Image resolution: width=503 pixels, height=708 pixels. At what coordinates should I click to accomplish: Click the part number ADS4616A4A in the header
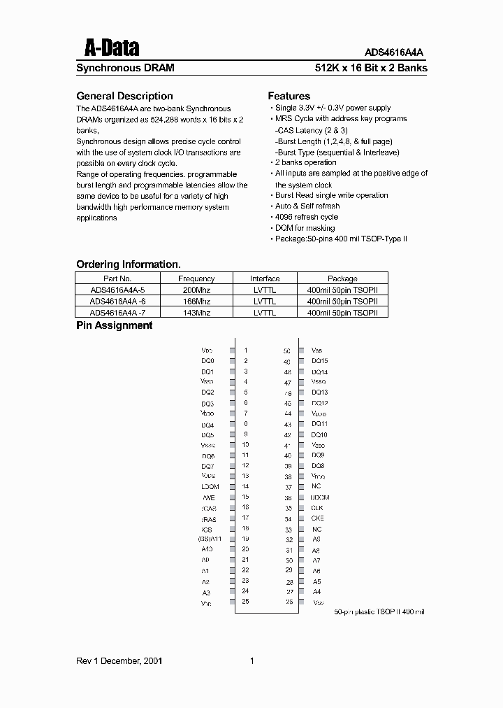394,52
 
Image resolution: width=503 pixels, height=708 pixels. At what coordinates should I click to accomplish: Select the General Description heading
124,96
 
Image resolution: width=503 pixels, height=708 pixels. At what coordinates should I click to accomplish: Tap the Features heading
289,96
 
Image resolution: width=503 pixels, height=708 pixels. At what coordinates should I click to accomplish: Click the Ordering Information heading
128,264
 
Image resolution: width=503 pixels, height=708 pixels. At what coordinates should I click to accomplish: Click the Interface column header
265,278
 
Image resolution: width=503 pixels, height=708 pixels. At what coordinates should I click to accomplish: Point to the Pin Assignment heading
114,325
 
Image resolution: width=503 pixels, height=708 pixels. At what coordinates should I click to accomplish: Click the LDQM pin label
210,486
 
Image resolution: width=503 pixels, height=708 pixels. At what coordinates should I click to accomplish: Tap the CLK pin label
317,508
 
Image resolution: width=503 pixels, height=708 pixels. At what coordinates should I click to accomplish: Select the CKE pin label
317,518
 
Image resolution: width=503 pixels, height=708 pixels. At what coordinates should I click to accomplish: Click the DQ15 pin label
319,361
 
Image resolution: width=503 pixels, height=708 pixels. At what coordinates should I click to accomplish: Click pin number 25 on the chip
245,602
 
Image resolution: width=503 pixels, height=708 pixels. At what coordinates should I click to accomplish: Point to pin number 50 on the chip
287,351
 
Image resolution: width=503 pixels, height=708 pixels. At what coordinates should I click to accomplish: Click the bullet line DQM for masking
305,228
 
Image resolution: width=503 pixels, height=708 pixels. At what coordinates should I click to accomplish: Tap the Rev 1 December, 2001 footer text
119,660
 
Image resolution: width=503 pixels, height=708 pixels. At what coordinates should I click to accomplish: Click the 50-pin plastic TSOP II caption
379,612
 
